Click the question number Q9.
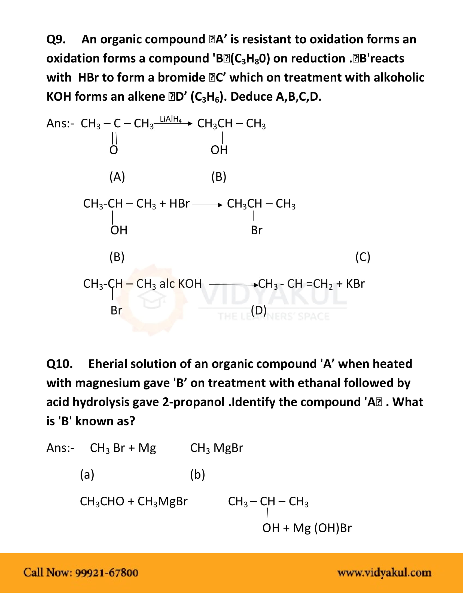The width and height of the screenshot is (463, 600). pos(56,40)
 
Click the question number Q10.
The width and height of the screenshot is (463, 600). pos(60,364)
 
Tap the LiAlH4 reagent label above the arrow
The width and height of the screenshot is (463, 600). pos(170,119)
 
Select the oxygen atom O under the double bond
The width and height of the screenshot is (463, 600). pos(114,150)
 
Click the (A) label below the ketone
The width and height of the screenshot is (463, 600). pos(117,177)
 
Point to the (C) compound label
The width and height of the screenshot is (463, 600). pos(363,257)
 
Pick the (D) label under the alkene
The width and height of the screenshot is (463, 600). pos(259,310)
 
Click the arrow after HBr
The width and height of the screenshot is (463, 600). pos(207,205)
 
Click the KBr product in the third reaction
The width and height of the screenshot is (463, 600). pos(355,284)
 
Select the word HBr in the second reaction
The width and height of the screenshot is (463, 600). pos(179,203)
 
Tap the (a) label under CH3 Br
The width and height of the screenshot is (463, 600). pos(87,475)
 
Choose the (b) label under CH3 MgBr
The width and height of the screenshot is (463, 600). pos(197,475)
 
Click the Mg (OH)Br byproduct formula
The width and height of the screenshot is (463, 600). pos(322,528)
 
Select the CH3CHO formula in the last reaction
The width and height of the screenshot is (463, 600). pos(102,501)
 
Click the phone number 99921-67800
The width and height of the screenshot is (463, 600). pos(106,572)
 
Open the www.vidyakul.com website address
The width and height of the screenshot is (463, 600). pos(384,572)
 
